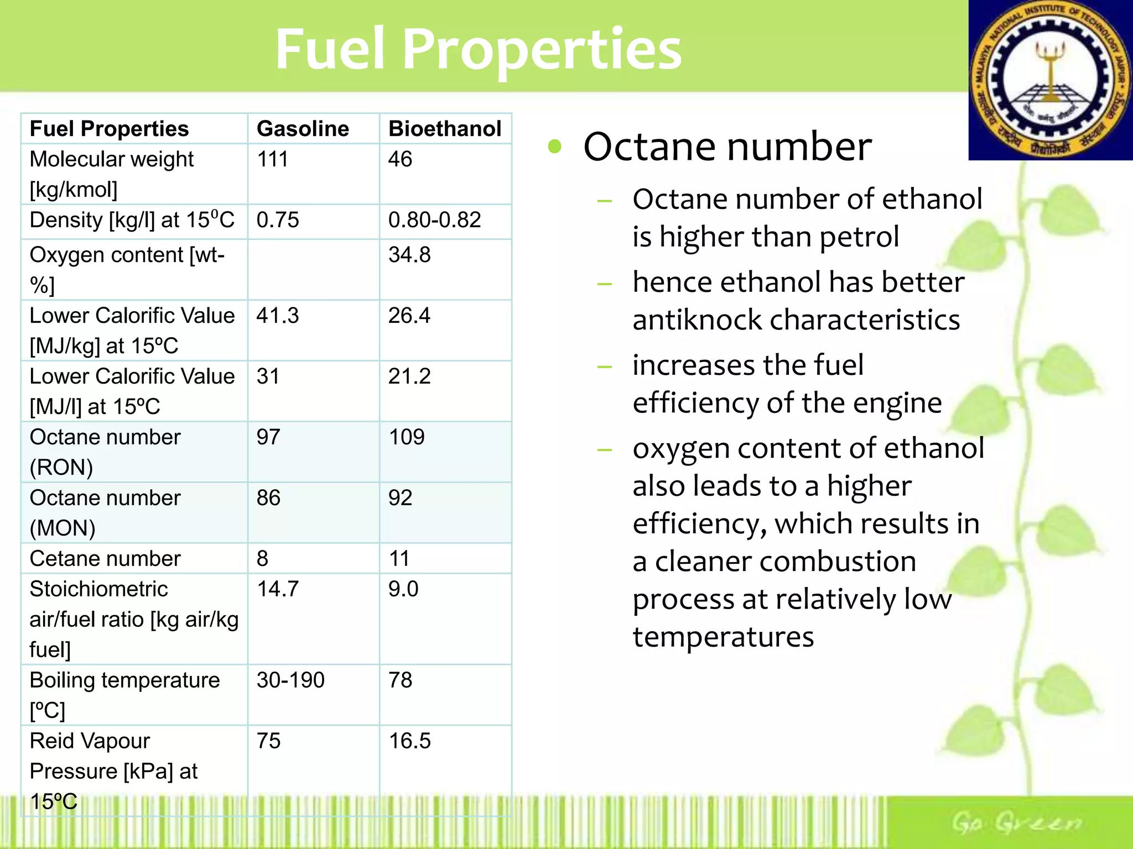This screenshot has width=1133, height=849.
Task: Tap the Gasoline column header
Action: click(x=303, y=129)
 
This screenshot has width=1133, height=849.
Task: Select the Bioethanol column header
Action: click(x=445, y=129)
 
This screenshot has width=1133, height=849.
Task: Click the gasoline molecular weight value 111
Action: click(x=272, y=159)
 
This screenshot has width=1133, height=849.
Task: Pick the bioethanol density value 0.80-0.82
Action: click(x=434, y=220)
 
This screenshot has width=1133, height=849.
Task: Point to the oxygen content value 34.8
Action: click(x=409, y=255)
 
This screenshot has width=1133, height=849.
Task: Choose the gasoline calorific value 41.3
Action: click(x=277, y=316)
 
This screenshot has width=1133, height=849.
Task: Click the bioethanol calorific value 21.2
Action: click(x=409, y=376)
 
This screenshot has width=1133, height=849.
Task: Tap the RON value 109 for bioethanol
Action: click(x=407, y=437)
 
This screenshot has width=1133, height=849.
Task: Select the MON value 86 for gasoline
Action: click(x=268, y=498)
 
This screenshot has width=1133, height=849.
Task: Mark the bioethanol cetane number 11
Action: click(x=399, y=559)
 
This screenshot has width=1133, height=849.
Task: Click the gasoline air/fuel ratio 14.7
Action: click(x=277, y=589)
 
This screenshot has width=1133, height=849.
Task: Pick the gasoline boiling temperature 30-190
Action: click(x=290, y=680)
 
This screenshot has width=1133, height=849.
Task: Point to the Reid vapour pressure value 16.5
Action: click(x=409, y=741)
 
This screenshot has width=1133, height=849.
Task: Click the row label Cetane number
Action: click(x=105, y=559)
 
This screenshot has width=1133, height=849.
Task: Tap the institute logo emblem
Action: click(x=1051, y=81)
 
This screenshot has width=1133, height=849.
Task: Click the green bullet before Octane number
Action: click(x=554, y=146)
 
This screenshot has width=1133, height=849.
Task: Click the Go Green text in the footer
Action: click(x=1016, y=823)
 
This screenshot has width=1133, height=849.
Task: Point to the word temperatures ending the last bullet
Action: click(x=723, y=637)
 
